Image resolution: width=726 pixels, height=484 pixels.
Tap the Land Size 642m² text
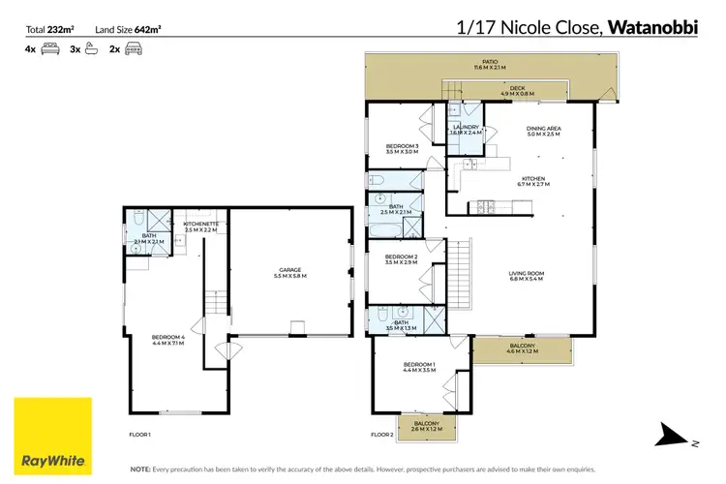tap(128, 29)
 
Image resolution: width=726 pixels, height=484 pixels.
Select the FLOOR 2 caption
tap(382, 436)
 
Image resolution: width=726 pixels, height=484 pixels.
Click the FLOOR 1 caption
tap(140, 436)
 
